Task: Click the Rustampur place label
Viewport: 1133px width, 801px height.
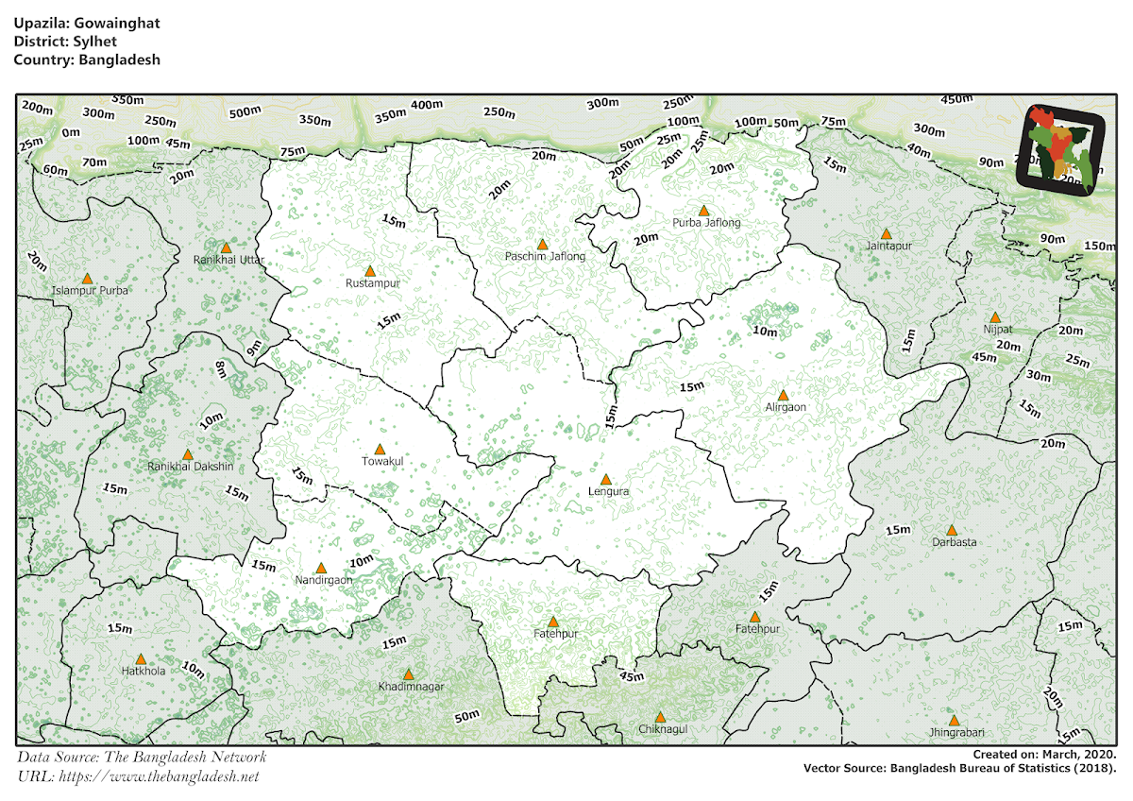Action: tap(374, 283)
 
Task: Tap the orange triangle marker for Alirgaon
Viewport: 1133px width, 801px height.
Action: tap(783, 396)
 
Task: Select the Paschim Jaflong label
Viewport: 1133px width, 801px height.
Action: tap(546, 257)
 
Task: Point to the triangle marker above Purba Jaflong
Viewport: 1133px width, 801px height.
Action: tap(703, 211)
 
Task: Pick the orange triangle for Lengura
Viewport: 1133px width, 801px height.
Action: tap(606, 480)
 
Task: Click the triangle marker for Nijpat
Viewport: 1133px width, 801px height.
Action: tap(994, 318)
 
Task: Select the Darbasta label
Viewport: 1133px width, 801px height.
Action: tap(955, 543)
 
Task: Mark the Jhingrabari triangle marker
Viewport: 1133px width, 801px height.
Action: tap(954, 720)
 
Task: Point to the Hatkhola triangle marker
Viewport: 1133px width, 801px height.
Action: tap(141, 659)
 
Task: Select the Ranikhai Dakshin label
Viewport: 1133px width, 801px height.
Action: tap(190, 468)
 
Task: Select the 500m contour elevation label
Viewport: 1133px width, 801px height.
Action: tap(244, 112)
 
